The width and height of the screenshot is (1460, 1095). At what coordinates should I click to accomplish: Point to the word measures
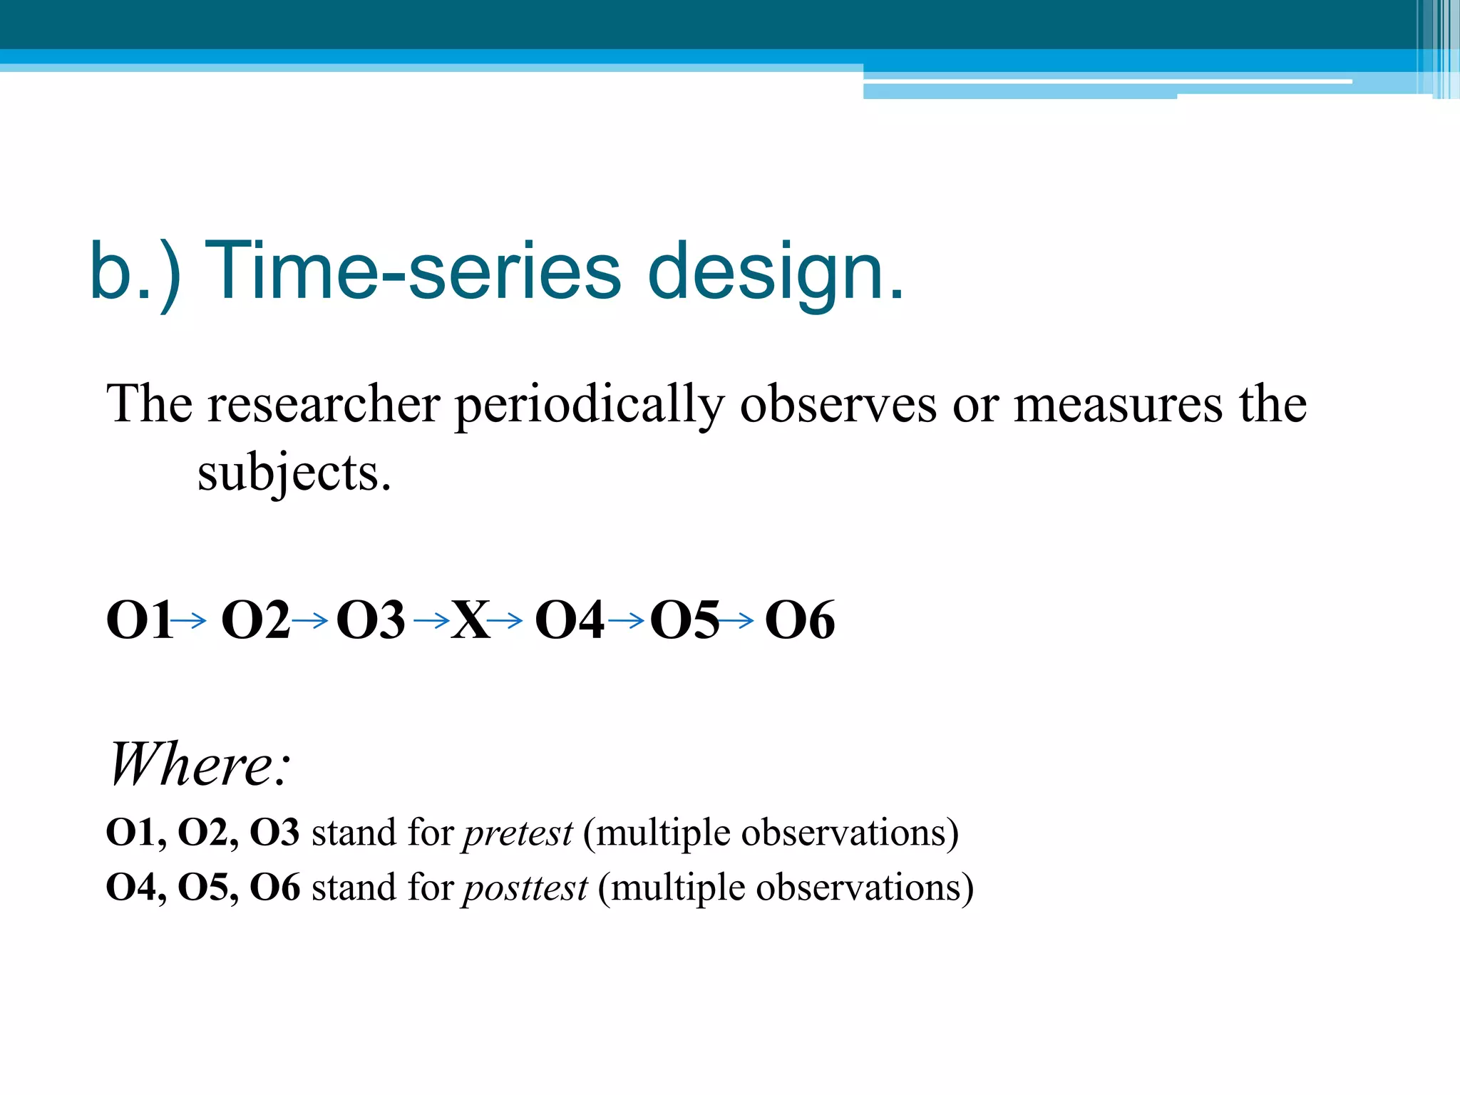point(1117,404)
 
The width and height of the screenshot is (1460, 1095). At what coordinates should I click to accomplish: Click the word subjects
point(294,473)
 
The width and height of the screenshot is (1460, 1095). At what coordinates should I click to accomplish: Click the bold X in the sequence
point(471,620)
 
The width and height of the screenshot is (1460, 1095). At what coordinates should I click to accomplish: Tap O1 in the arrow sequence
point(138,620)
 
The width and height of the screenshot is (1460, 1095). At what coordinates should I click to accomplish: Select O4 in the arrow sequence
point(569,620)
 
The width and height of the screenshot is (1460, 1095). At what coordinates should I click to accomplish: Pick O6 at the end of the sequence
point(799,620)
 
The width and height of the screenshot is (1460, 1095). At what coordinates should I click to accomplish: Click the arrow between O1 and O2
point(189,621)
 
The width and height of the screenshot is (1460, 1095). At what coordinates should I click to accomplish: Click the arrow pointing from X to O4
point(505,621)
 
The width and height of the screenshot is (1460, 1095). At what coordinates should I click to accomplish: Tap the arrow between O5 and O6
point(736,621)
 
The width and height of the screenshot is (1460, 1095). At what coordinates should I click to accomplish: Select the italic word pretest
point(518,833)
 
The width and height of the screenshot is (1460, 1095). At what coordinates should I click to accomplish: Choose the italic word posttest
point(525,888)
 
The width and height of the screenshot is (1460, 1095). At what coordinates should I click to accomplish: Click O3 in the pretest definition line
point(274,832)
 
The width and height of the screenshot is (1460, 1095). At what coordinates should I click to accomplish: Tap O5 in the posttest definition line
point(202,888)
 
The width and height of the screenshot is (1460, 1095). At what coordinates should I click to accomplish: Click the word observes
point(838,404)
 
